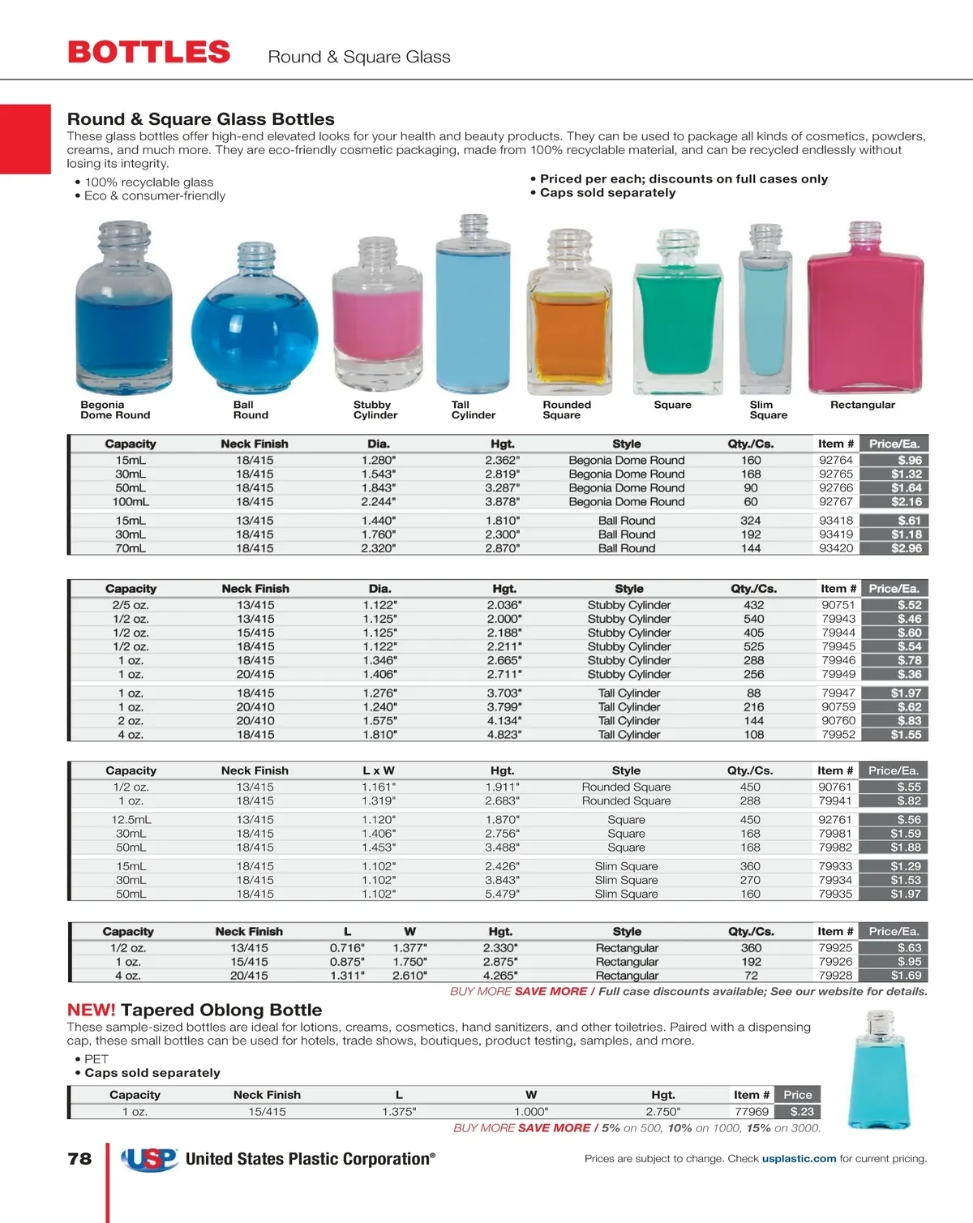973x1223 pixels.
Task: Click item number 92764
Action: (x=835, y=460)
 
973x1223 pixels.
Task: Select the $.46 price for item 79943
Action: (x=909, y=619)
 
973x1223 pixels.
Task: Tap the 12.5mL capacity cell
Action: (x=131, y=820)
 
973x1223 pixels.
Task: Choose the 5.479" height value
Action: (x=502, y=894)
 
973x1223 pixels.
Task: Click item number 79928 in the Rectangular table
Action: (x=835, y=976)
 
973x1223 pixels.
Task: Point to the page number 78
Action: (x=79, y=1159)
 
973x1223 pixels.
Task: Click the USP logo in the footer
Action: (x=150, y=1159)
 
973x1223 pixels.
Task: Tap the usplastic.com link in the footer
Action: (x=799, y=1159)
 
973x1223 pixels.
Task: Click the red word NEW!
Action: (x=92, y=1011)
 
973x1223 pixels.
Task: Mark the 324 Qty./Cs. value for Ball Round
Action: (x=751, y=521)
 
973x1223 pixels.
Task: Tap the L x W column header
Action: (x=378, y=770)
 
